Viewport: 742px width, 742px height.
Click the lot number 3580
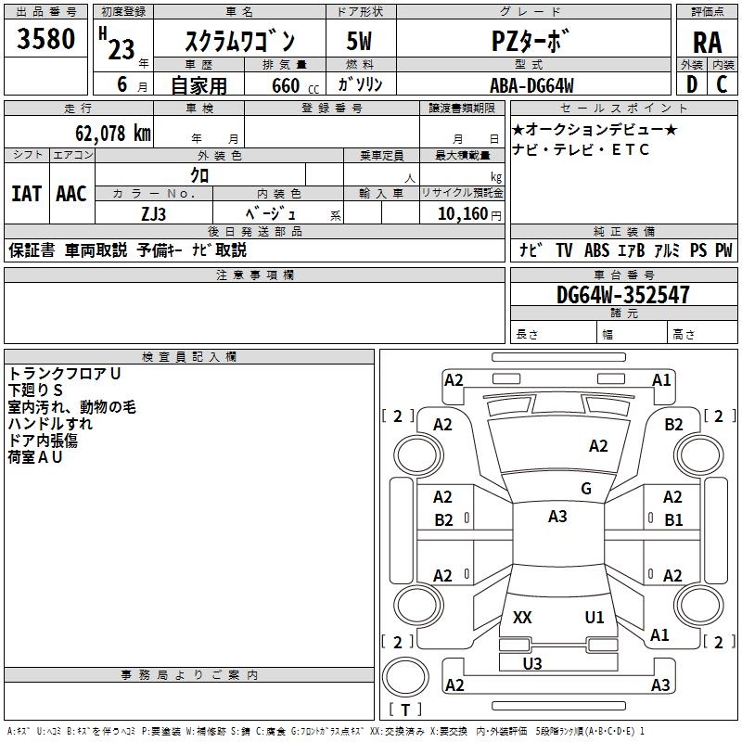(x=45, y=38)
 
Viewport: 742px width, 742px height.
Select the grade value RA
(x=707, y=43)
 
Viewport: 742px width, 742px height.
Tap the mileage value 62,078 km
(x=113, y=134)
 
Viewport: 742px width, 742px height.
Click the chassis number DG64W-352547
(x=622, y=295)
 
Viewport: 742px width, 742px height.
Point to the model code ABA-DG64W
(x=531, y=85)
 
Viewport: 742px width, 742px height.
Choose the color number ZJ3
(x=153, y=214)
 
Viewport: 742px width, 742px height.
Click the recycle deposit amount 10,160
(x=463, y=214)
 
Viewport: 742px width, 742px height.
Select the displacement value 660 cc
(x=295, y=85)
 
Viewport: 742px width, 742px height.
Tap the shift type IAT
(x=26, y=194)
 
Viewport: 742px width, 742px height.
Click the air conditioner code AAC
(x=71, y=194)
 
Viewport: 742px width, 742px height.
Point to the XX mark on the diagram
(x=522, y=617)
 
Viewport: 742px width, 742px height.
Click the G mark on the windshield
(x=586, y=488)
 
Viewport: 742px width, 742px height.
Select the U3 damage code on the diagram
(x=531, y=663)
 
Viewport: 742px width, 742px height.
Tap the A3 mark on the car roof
(x=557, y=516)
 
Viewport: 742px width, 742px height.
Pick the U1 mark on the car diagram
(x=595, y=617)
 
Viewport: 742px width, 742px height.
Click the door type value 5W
(x=359, y=41)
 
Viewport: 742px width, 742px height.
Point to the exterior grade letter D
(x=692, y=84)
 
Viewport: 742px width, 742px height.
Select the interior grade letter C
(x=723, y=84)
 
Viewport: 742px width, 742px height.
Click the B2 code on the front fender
(x=673, y=425)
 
